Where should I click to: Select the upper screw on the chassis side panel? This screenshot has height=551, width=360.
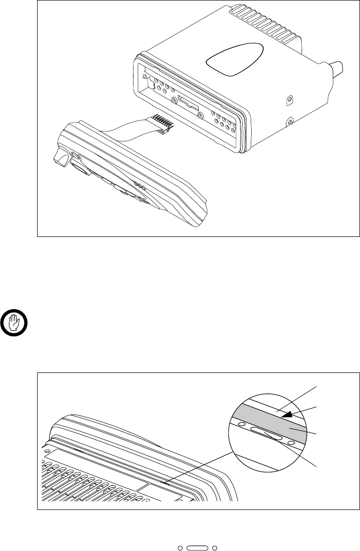290,102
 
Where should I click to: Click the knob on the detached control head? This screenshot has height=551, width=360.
61,159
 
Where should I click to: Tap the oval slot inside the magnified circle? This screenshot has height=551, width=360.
267,433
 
